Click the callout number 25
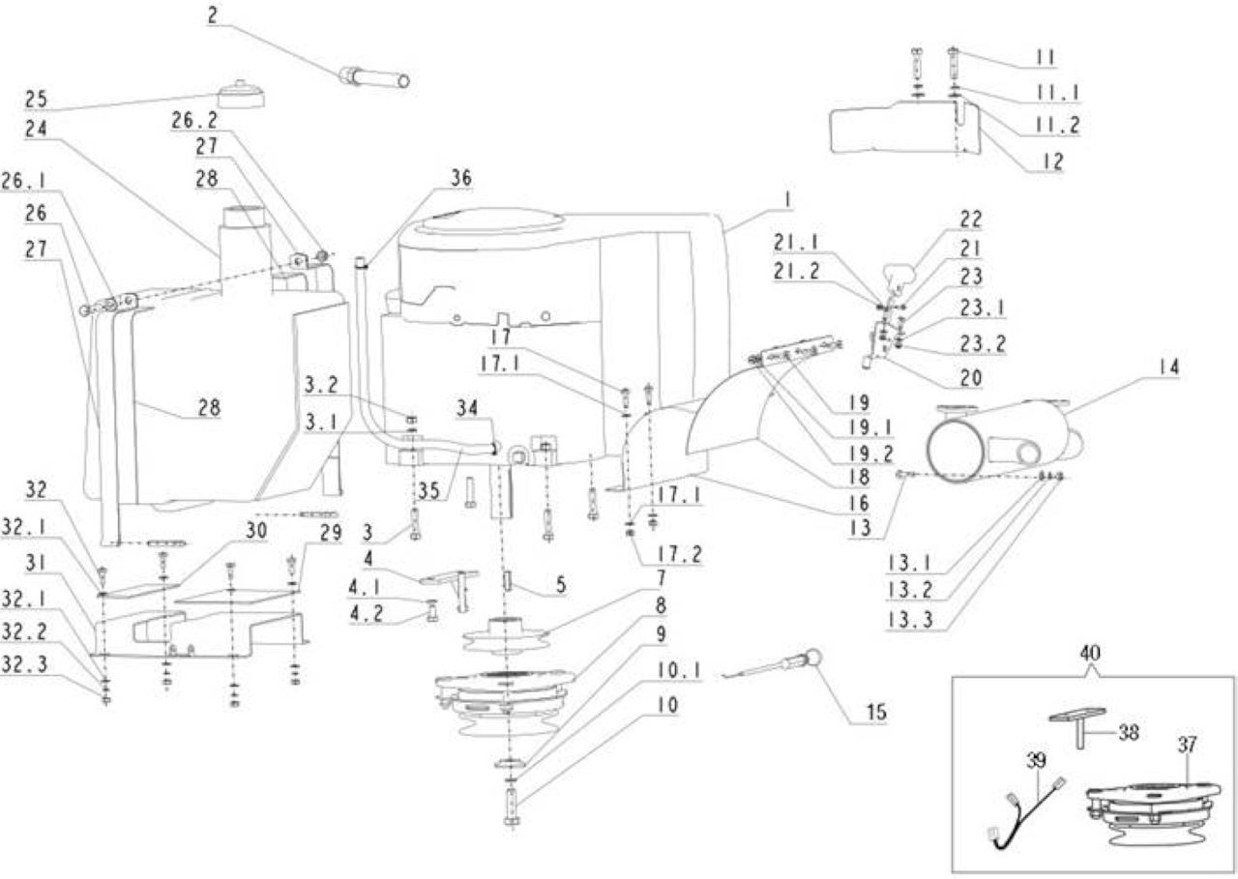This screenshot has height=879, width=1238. tap(37, 100)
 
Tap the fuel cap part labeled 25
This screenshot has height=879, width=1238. tap(241, 95)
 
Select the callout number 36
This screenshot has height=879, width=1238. tap(461, 179)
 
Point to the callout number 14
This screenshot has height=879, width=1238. tap(1169, 367)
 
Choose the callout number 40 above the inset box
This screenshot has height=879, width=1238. tap(1089, 653)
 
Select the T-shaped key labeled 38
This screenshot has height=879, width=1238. tap(1077, 727)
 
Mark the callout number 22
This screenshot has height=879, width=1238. tap(971, 220)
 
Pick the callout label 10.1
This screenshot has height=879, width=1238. tap(679, 671)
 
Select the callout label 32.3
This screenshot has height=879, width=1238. tap(24, 665)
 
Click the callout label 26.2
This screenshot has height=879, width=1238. tap(194, 121)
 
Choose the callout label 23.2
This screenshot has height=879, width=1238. tap(983, 343)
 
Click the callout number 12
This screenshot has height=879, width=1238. tap(1052, 162)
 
